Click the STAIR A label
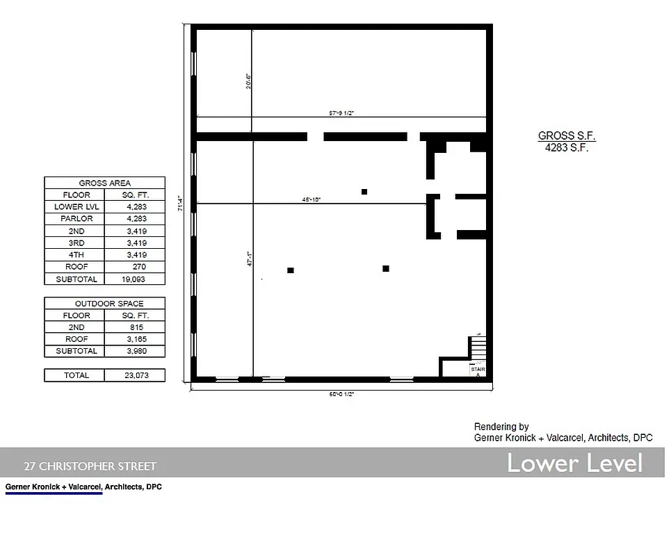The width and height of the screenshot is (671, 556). (x=478, y=372)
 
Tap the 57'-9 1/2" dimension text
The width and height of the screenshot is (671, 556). (x=342, y=113)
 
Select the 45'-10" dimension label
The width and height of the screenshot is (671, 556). (x=311, y=199)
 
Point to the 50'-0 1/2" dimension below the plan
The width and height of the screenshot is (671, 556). (x=342, y=394)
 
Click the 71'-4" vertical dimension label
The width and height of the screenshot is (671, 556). (x=181, y=203)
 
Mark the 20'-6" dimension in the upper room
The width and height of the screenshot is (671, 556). (x=248, y=82)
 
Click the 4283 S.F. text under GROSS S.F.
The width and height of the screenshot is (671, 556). (x=567, y=147)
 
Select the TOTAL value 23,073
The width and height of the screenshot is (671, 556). (x=135, y=375)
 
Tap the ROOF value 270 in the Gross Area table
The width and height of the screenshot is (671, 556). (x=135, y=267)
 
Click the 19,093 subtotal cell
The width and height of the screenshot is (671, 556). (x=135, y=279)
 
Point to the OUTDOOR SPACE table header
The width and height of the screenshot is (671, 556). (x=105, y=304)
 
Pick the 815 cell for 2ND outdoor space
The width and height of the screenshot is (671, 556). (x=135, y=327)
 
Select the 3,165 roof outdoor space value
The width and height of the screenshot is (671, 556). (x=135, y=339)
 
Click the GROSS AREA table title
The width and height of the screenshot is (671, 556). (x=105, y=183)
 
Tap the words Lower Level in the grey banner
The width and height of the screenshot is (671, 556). (x=574, y=463)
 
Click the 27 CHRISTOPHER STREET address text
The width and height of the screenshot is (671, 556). (x=90, y=466)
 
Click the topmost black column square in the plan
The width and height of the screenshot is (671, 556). (x=364, y=192)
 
